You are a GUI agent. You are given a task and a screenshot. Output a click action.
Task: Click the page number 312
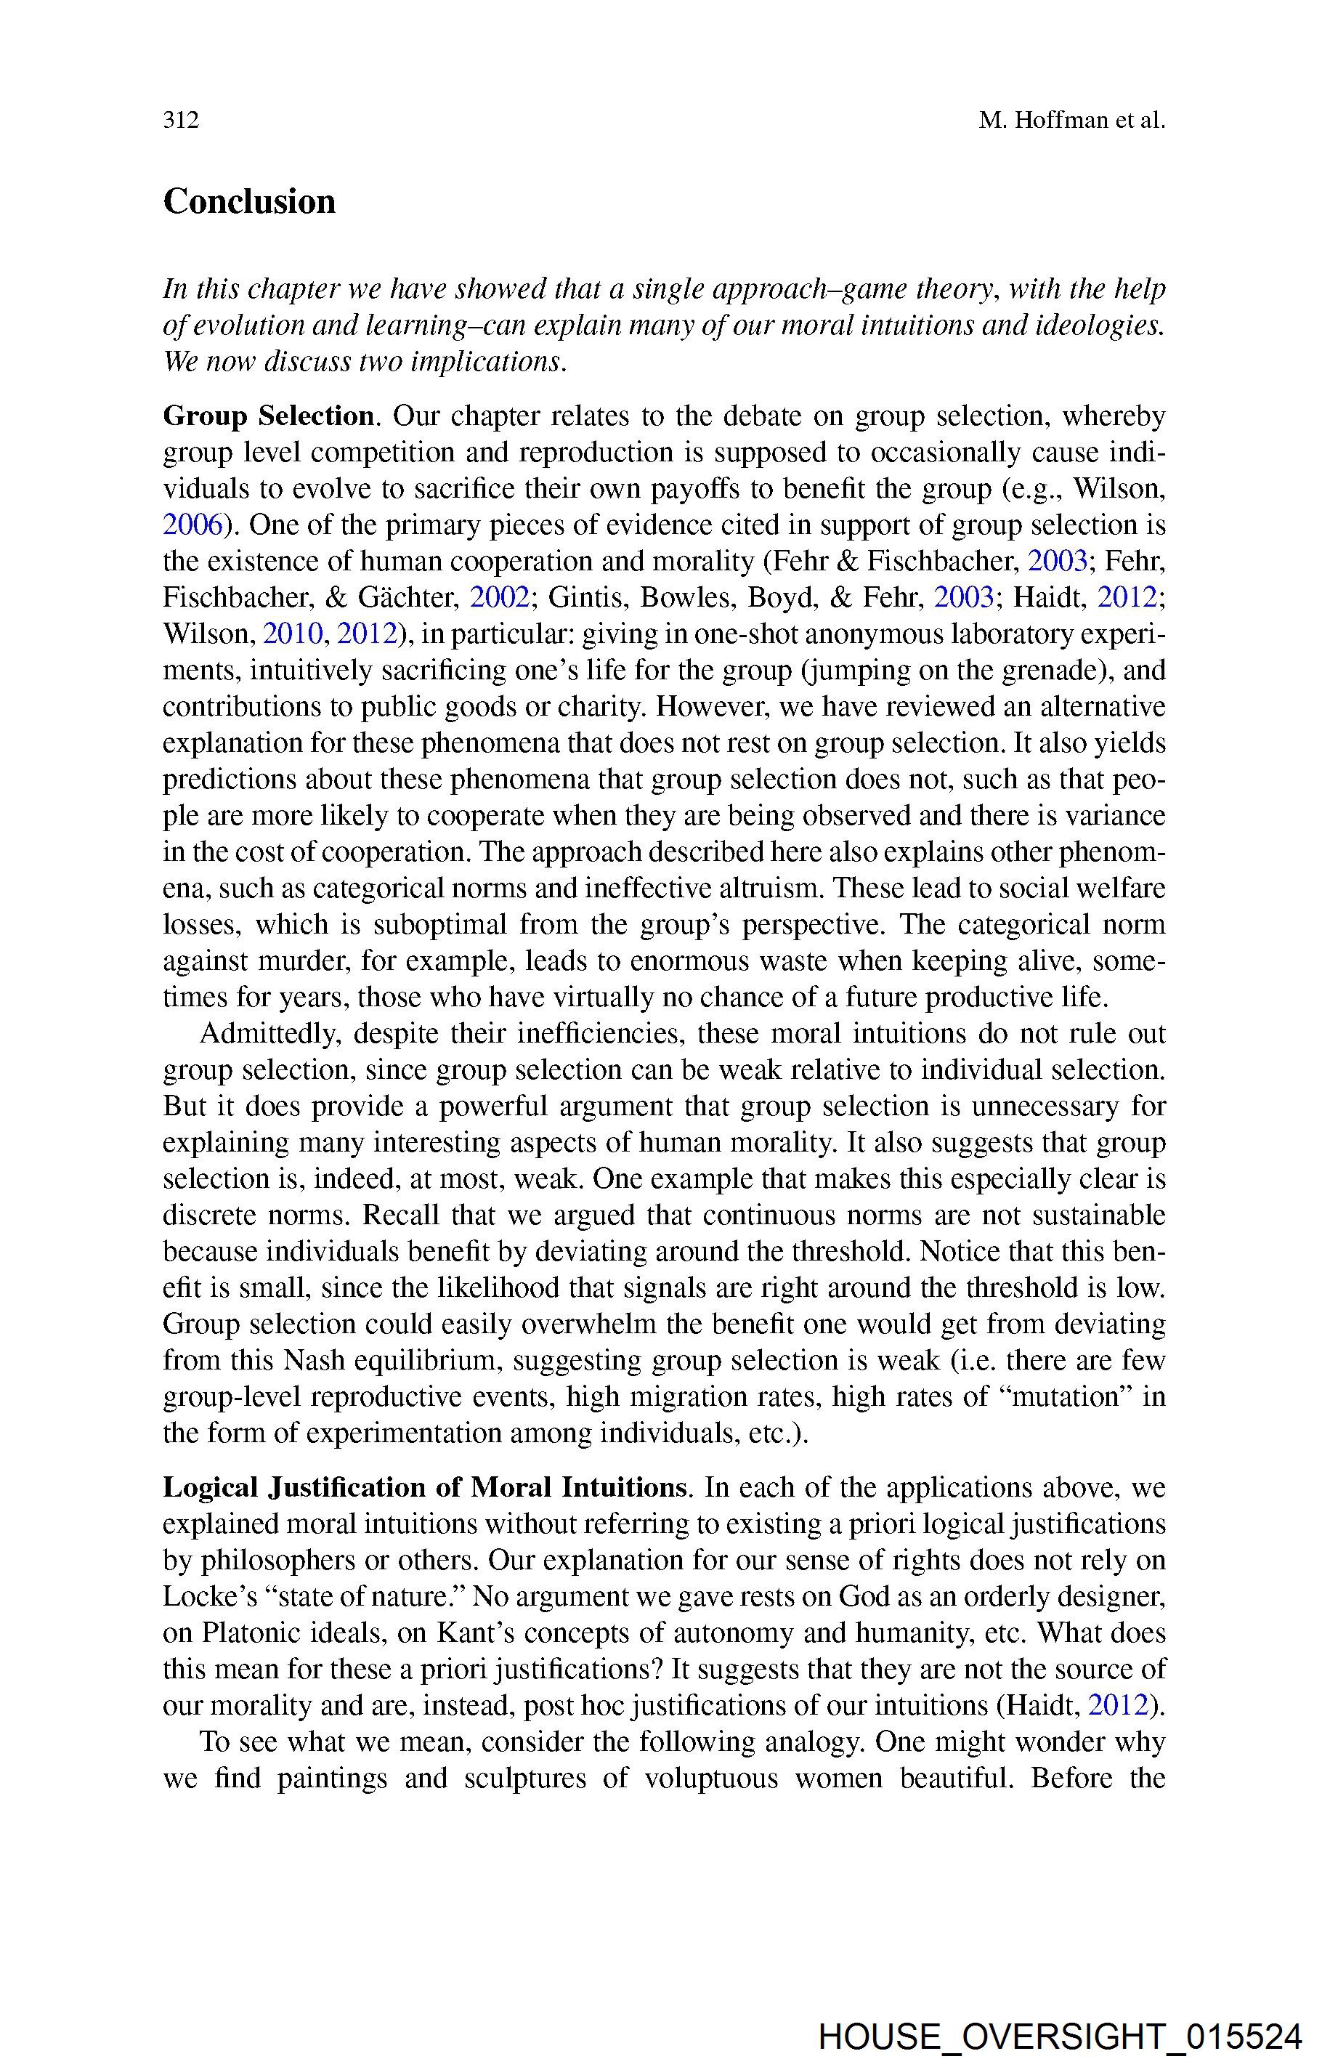182,120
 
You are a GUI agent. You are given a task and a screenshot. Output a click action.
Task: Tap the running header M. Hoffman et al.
1072,120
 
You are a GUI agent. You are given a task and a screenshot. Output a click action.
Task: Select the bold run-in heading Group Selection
269,416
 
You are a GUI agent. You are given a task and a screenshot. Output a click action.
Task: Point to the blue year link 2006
193,525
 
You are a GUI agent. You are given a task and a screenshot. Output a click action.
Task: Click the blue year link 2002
498,598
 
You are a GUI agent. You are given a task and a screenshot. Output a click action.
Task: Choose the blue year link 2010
293,634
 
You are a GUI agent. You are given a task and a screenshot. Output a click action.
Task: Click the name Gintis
577,598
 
